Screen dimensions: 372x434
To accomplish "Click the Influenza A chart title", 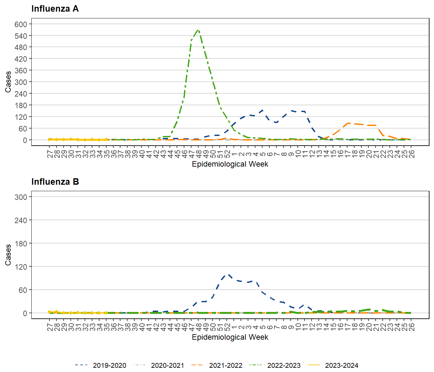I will [55, 9].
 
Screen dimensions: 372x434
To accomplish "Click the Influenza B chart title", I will [55, 182].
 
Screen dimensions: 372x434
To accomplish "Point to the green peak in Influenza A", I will [198, 30].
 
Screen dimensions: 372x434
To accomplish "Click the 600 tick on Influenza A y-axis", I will [21, 24].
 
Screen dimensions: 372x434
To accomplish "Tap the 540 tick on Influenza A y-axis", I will [21, 36].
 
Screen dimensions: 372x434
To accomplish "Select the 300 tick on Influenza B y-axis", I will [21, 197].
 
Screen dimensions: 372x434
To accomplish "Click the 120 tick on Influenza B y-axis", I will [21, 267].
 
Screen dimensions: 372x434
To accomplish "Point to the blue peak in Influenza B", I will [228, 274].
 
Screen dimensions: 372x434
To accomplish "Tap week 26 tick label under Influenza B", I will [411, 327].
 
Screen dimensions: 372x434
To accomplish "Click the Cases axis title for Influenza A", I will [8, 82].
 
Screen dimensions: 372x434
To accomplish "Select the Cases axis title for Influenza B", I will [8, 255].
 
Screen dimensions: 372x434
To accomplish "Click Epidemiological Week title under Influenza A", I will [230, 164].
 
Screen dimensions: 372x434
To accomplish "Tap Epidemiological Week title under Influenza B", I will [230, 337].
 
